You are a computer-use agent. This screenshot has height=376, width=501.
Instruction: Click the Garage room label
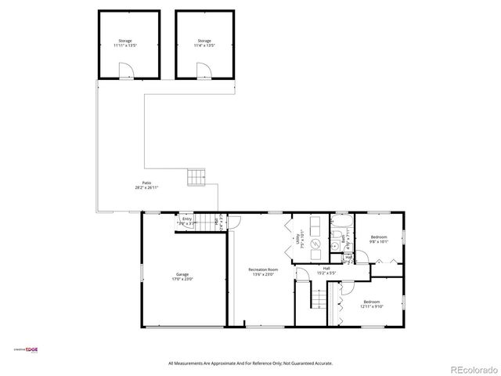[x=182, y=277]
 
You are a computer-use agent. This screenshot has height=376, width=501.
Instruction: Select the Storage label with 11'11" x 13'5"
[x=125, y=43]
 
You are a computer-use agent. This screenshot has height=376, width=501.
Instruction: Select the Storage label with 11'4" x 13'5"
[x=204, y=43]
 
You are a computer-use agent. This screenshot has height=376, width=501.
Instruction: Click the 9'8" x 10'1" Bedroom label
[x=379, y=239]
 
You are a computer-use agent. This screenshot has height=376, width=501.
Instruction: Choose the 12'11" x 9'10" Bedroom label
[x=371, y=304]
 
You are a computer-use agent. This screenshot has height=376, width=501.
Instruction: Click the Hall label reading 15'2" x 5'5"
[x=326, y=271]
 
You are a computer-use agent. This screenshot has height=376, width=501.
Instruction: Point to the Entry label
[x=187, y=221]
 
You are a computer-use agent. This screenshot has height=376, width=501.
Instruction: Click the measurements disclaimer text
[x=250, y=363]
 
